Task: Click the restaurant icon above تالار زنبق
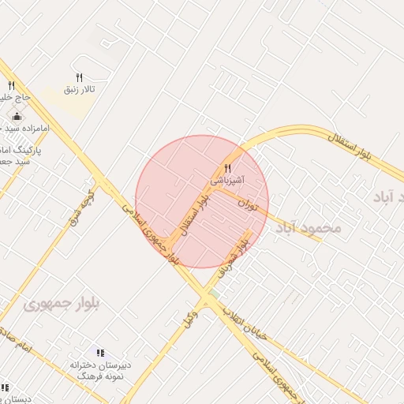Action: click(79, 77)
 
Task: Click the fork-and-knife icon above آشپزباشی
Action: click(227, 168)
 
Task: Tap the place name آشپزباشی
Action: click(227, 181)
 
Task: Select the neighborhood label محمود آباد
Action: click(309, 227)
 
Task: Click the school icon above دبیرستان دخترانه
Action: click(100, 353)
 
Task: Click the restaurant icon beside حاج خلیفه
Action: click(11, 85)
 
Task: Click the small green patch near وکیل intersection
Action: click(211, 294)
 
